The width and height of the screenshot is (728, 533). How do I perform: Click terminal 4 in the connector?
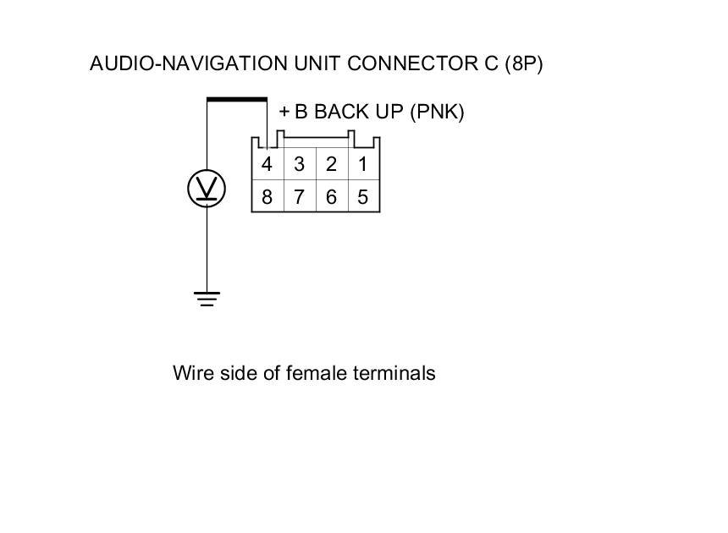click(267, 164)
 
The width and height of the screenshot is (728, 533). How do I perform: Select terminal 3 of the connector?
click(299, 164)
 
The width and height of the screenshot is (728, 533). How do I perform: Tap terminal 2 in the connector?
click(331, 164)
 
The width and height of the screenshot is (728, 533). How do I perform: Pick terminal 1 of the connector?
click(362, 164)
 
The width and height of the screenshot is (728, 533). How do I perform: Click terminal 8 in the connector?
click(267, 197)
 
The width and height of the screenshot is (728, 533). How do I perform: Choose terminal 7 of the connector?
click(299, 197)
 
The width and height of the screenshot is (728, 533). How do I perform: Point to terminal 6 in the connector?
click(331, 197)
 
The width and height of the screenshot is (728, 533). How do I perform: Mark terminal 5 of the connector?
click(362, 197)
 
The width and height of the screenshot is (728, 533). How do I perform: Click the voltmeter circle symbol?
click(207, 188)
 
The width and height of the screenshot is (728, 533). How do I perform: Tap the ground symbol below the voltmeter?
click(207, 299)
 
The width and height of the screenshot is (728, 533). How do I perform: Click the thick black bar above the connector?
click(237, 100)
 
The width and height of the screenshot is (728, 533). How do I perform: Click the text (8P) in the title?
click(522, 64)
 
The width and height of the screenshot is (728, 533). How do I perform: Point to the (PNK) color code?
click(437, 113)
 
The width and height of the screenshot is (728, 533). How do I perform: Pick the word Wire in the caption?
click(190, 373)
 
